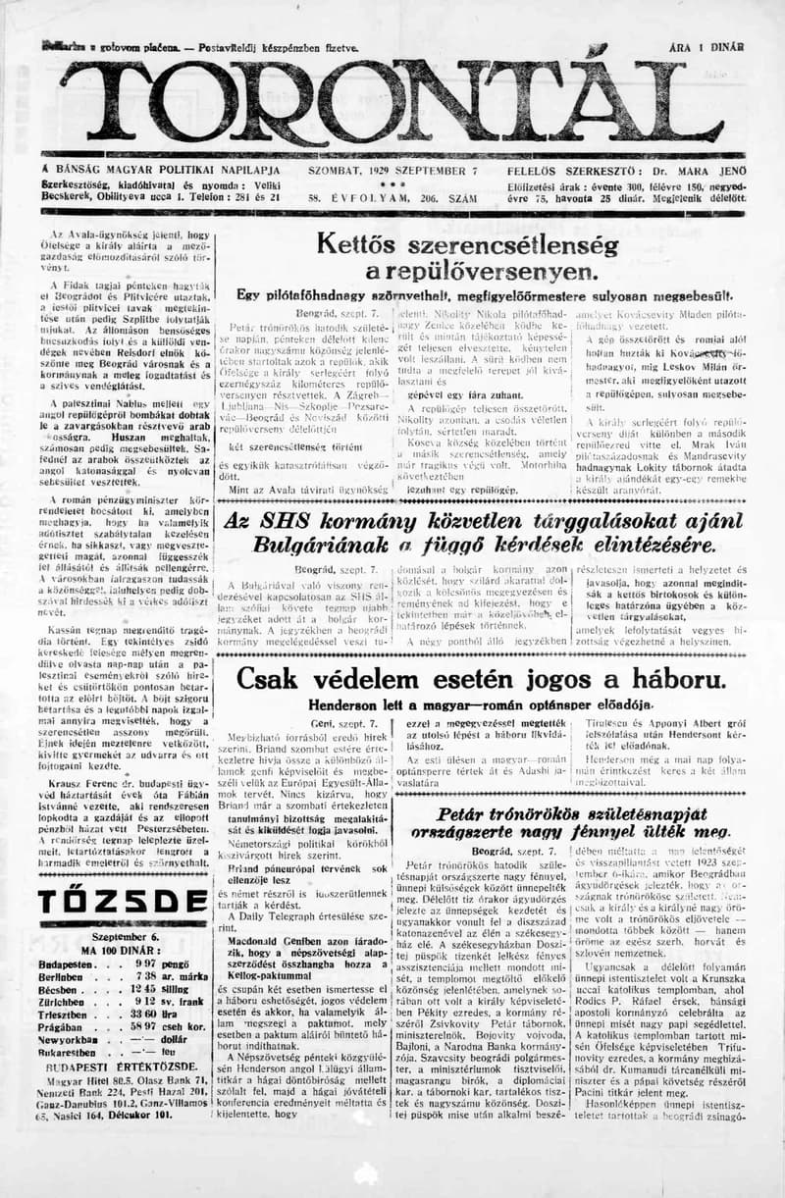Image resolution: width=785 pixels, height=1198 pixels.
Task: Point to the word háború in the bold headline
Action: [635, 679]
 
